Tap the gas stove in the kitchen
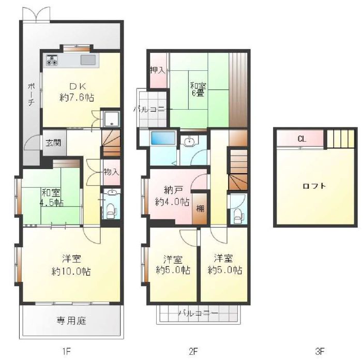(x=52, y=60)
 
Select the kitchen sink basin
(x=88, y=60)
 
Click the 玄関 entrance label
(x=53, y=143)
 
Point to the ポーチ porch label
(x=32, y=94)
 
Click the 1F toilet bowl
(x=111, y=211)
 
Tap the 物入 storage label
(x=111, y=172)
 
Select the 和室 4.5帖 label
(x=51, y=198)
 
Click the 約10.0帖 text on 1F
(x=71, y=272)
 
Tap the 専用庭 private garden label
(x=71, y=321)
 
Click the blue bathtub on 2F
(x=163, y=138)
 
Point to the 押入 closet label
(x=158, y=70)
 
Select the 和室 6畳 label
(x=198, y=89)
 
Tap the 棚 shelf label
(x=200, y=208)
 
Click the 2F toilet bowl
(x=238, y=216)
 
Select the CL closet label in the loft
(x=301, y=139)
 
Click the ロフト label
(x=314, y=186)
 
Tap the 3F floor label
(x=320, y=351)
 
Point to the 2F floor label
(x=193, y=351)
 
